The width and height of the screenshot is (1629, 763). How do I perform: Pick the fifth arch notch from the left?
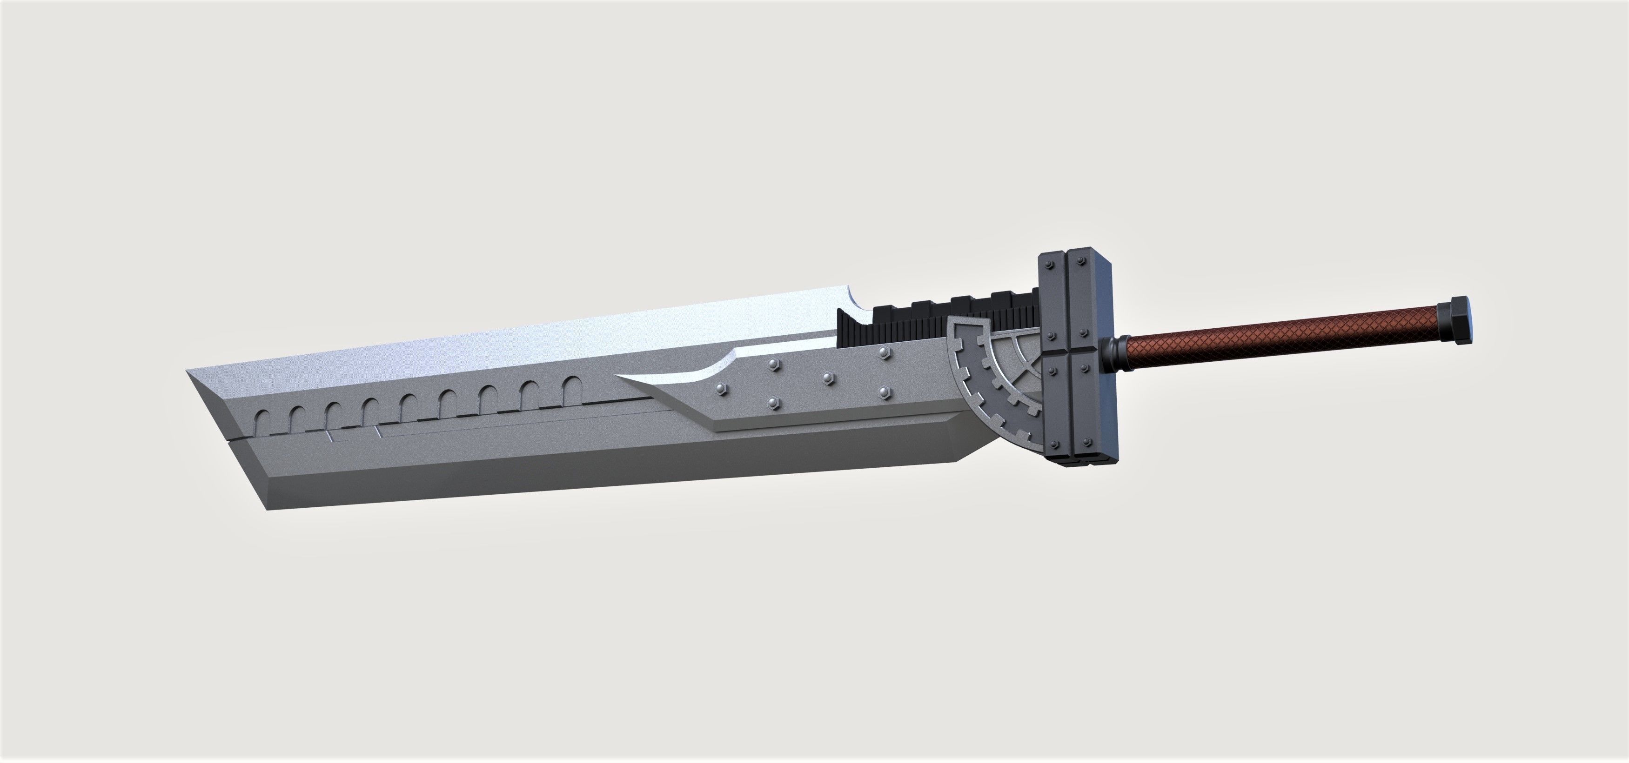click(x=409, y=405)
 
